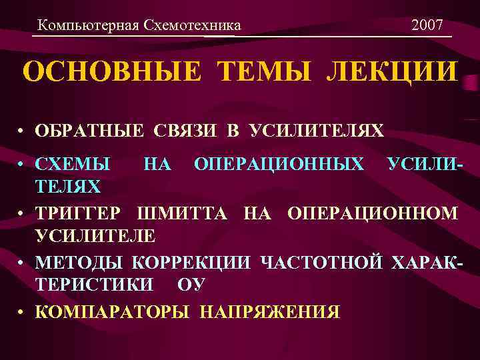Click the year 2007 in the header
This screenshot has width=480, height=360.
tap(427, 26)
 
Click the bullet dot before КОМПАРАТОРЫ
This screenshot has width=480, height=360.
tap(22, 311)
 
